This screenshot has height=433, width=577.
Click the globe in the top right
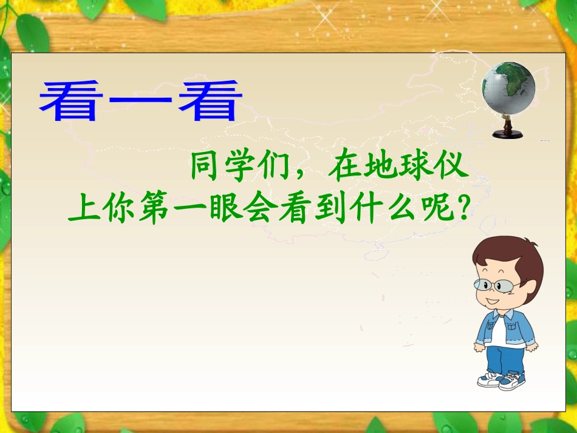pyautogui.click(x=508, y=88)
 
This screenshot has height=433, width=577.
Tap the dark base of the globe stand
pyautogui.click(x=508, y=134)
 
